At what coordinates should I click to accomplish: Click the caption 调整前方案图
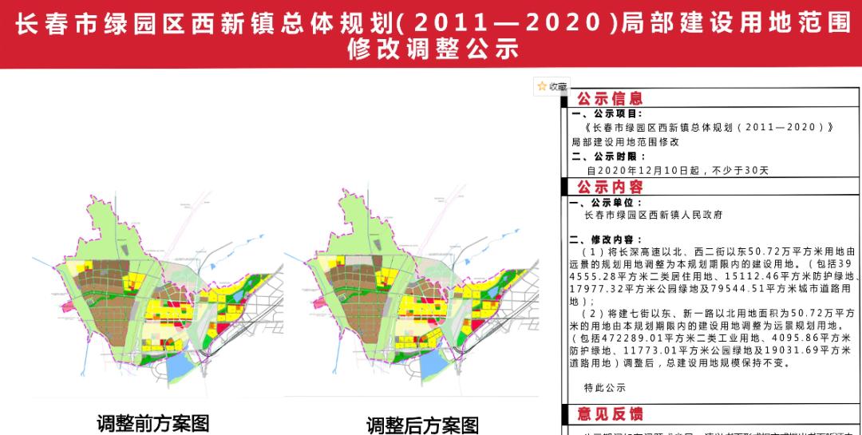pos(152,421)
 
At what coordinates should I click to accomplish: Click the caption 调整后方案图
pos(422,424)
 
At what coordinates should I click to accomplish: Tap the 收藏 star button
pos(552,86)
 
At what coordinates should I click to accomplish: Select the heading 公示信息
pos(610,99)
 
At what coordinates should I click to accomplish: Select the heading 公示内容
pos(610,187)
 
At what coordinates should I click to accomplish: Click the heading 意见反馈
pos(610,414)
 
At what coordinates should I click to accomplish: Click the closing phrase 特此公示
pos(605,387)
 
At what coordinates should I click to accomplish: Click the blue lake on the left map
pos(180,368)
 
